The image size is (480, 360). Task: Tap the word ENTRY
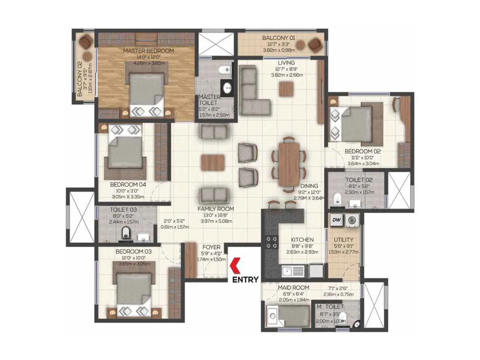[x=245, y=280]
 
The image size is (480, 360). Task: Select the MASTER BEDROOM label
[x=148, y=51]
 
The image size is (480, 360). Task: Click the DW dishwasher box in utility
[x=336, y=220]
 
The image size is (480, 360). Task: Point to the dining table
[x=289, y=164]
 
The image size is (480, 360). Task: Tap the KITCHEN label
[x=302, y=240]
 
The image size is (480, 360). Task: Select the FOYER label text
[x=211, y=247]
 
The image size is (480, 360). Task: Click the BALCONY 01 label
[x=278, y=38]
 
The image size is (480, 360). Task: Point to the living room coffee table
[x=286, y=89]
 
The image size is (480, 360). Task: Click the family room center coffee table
[x=213, y=163]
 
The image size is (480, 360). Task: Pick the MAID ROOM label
[x=293, y=287]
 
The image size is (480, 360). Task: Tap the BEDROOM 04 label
[x=128, y=184]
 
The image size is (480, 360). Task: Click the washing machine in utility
[x=352, y=220]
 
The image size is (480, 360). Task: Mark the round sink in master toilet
[x=228, y=88]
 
